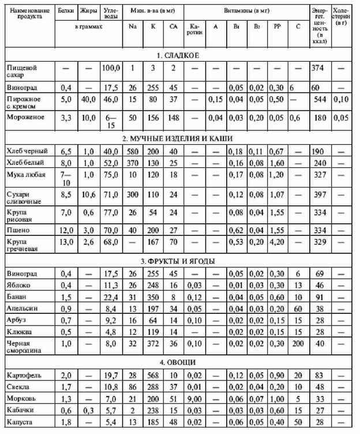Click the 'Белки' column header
[67, 11]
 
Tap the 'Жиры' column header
[88, 11]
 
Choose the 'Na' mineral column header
[133, 27]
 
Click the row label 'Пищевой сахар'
[21, 71]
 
